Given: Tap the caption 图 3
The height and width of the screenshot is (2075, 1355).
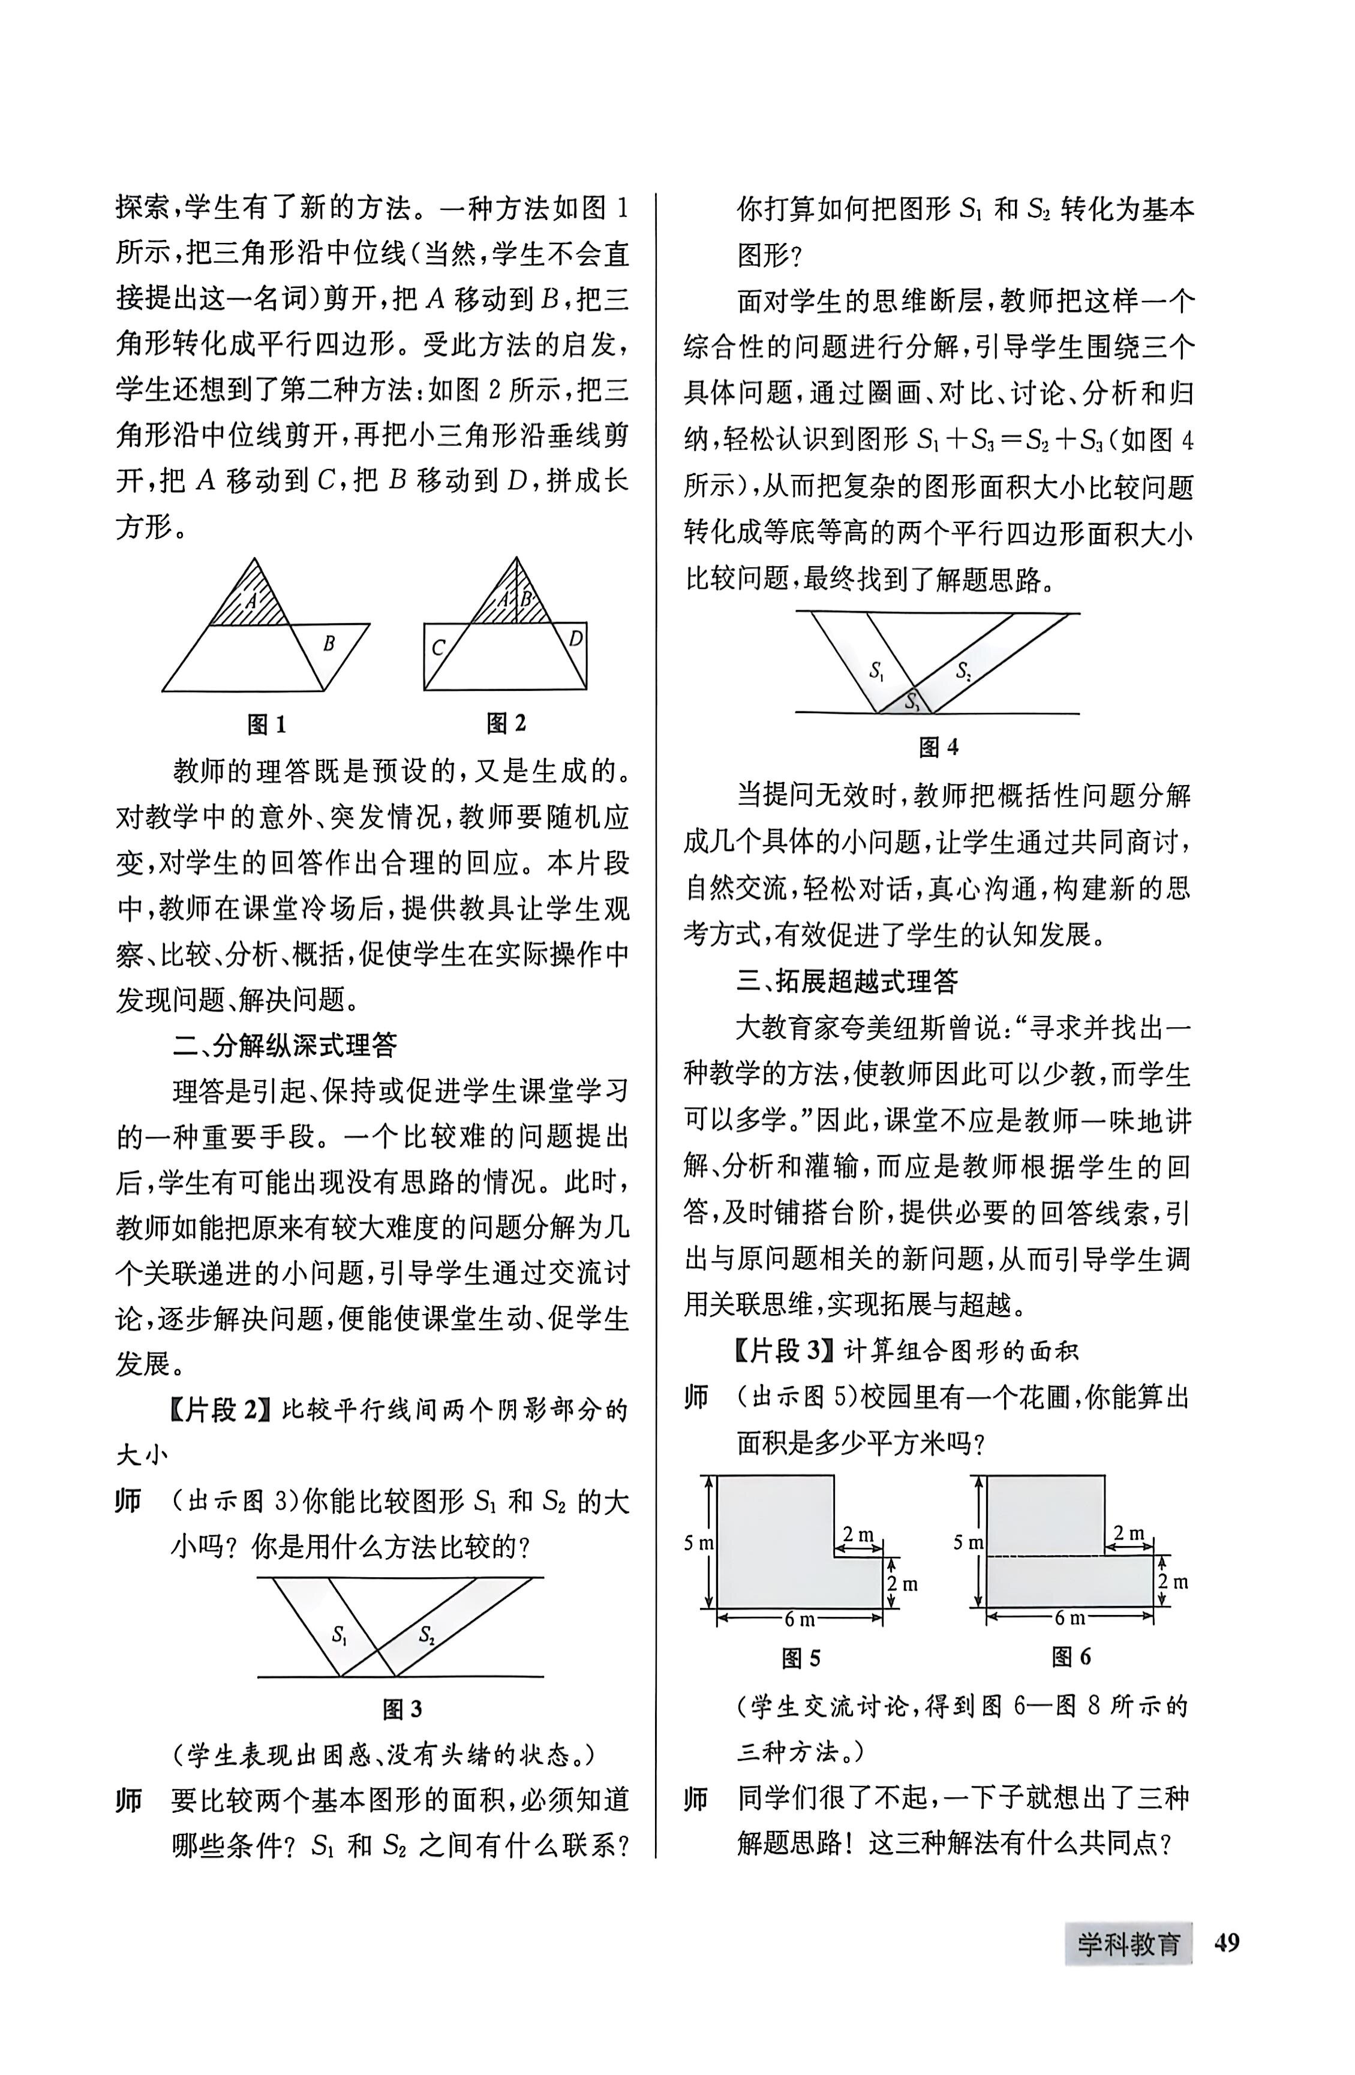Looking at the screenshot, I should [x=402, y=1710].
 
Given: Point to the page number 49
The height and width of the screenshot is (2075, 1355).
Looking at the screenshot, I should [x=1226, y=1944].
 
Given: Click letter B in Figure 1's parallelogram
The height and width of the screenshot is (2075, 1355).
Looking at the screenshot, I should [x=329, y=644].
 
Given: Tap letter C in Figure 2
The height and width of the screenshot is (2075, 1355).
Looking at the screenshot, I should [x=438, y=648].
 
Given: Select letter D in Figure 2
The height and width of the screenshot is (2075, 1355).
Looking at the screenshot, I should [x=575, y=639].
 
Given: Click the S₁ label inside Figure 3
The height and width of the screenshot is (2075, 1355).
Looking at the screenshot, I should [x=340, y=1634].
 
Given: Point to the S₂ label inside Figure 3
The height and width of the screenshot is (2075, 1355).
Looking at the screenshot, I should [x=426, y=1634].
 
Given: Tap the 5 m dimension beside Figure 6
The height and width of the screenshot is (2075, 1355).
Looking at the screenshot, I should [x=968, y=1542].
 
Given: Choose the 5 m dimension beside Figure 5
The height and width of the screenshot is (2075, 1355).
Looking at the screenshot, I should [x=698, y=1542].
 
